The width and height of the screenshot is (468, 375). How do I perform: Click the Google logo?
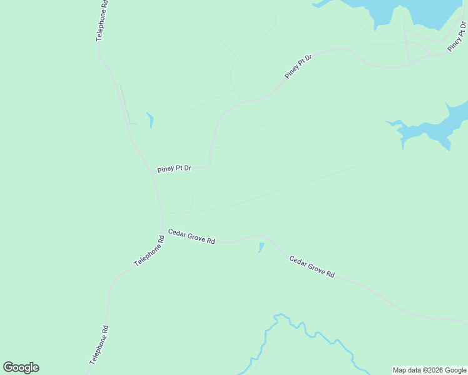click(21, 367)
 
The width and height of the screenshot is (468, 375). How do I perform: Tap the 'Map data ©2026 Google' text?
click(429, 370)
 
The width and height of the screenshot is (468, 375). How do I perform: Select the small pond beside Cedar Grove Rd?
click(261, 247)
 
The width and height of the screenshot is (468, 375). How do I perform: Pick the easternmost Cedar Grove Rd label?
click(312, 266)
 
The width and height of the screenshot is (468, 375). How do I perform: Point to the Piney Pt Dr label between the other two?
click(298, 66)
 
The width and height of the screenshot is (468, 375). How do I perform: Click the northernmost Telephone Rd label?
click(102, 20)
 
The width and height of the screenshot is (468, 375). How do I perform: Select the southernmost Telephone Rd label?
click(99, 345)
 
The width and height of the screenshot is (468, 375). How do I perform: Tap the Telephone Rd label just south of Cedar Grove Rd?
click(149, 251)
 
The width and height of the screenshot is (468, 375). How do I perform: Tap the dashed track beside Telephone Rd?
click(124, 103)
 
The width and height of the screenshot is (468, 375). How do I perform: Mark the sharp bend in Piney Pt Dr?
click(210, 164)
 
